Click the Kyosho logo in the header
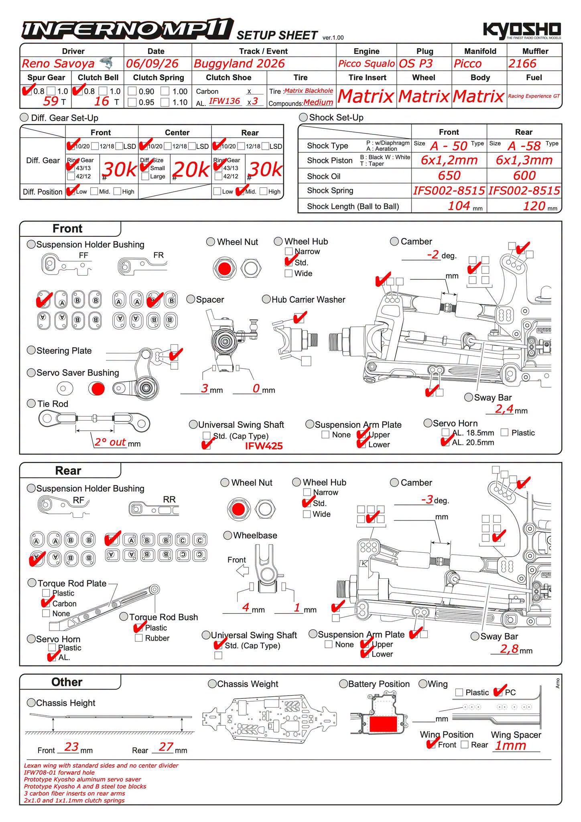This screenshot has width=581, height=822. (522, 31)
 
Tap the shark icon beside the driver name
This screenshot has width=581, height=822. (106, 63)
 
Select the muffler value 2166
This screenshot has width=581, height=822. (522, 63)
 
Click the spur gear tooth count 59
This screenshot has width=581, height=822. (51, 101)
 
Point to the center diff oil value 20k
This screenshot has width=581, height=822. (191, 170)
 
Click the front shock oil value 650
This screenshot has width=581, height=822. (449, 175)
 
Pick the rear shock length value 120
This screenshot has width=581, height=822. (534, 206)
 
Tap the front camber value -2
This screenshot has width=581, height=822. (433, 255)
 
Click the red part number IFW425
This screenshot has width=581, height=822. (264, 446)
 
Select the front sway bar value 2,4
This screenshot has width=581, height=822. (504, 409)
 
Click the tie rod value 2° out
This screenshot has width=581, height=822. (110, 442)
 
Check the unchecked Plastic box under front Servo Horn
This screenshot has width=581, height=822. (505, 432)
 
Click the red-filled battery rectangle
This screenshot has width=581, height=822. (383, 724)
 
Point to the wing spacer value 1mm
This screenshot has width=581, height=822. (510, 746)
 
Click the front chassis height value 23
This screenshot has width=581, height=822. (71, 747)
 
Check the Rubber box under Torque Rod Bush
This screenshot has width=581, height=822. (139, 638)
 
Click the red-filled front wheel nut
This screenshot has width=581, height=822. (225, 269)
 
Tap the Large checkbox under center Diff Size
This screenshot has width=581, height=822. (146, 176)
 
